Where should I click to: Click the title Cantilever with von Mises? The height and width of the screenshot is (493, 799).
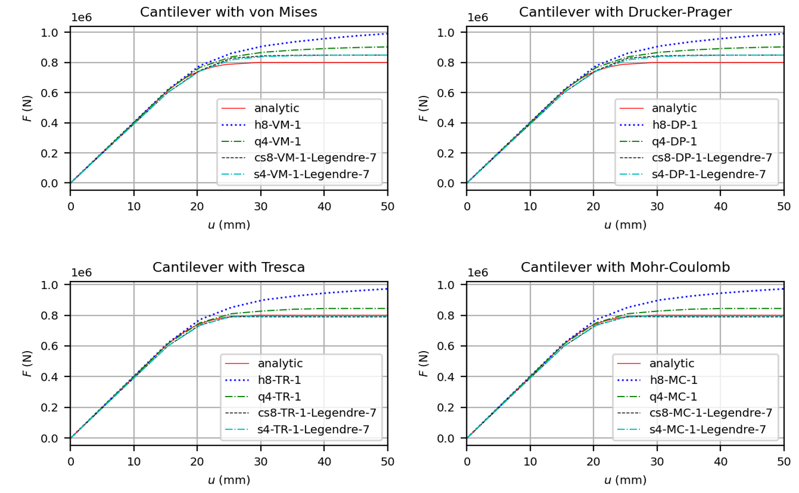pyautogui.click(x=228, y=12)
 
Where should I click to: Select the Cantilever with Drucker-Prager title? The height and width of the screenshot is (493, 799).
pyautogui.click(x=625, y=12)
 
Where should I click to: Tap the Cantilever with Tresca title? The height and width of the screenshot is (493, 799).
pyautogui.click(x=228, y=267)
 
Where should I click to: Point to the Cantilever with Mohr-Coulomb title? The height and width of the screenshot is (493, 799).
pyautogui.click(x=625, y=267)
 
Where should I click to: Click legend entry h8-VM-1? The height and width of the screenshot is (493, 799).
pyautogui.click(x=277, y=125)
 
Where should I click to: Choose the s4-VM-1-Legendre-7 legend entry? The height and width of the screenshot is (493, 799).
pyautogui.click(x=311, y=174)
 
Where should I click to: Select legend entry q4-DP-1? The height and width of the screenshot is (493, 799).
pyautogui.click(x=674, y=141)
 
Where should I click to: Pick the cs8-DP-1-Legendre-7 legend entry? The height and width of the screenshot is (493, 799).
pyautogui.click(x=712, y=158)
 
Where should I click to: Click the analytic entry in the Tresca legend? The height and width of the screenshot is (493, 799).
pyautogui.click(x=280, y=363)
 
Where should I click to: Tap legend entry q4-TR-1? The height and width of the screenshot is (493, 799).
pyautogui.click(x=279, y=397)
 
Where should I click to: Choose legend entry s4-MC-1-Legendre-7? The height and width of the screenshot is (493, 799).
pyautogui.click(x=707, y=429)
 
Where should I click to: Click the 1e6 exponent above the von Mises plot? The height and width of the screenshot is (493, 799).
pyautogui.click(x=82, y=17)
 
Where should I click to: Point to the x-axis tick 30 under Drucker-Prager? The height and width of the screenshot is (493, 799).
pyautogui.click(x=657, y=207)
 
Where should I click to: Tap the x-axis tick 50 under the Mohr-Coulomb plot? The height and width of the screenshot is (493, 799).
pyautogui.click(x=784, y=462)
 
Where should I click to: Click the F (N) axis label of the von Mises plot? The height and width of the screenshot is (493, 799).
pyautogui.click(x=27, y=108)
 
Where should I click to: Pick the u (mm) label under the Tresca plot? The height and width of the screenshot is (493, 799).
pyautogui.click(x=229, y=480)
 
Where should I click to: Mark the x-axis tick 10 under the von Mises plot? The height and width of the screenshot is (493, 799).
pyautogui.click(x=134, y=207)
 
